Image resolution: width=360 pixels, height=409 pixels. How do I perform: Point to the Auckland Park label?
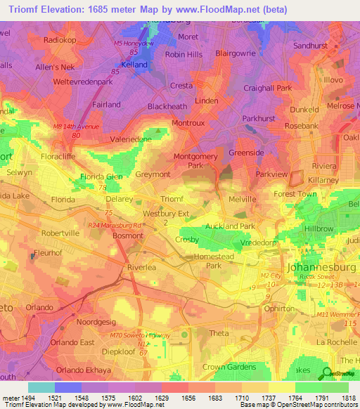[x=229, y=226]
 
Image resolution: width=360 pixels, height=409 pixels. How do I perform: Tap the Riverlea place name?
[x=144, y=268]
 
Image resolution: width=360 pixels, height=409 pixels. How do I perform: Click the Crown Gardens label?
[x=229, y=367]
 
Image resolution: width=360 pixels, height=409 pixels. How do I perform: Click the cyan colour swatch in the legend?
[x=41, y=387]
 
